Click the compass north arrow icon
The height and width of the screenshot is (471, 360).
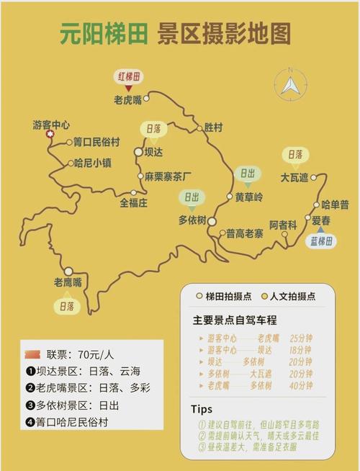coord(290,85)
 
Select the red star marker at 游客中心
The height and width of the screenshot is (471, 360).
coord(50,134)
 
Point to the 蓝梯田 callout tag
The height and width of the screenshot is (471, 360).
coord(321,241)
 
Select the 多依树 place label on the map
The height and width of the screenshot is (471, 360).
coord(192,220)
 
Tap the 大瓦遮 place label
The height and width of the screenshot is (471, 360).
coord(294,176)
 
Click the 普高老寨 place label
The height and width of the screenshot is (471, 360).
coord(245,233)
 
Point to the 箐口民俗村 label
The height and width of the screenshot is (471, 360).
coord(96,142)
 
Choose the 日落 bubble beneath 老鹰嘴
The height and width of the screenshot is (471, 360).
coord(66,307)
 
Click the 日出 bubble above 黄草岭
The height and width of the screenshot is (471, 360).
coord(247,174)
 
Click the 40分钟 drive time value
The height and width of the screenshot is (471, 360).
coord(300,385)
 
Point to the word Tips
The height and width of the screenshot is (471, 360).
coord(202,408)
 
